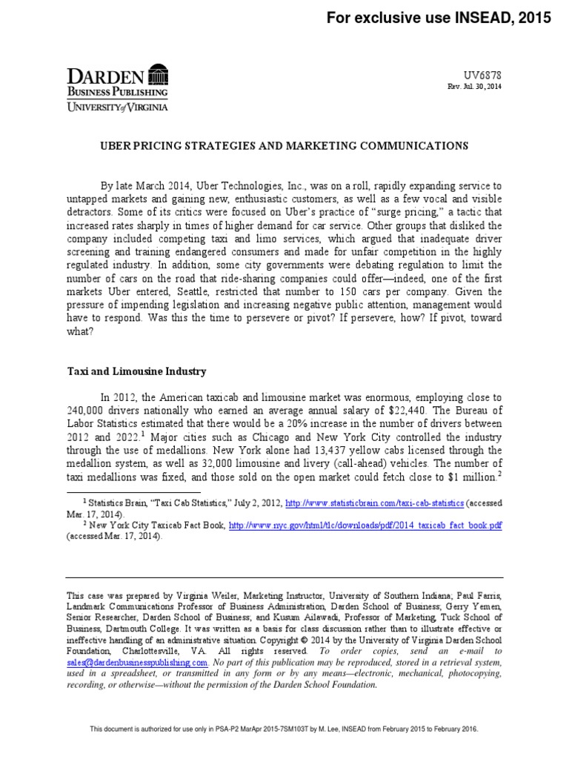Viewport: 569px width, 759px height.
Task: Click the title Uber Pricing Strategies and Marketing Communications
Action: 284,146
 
